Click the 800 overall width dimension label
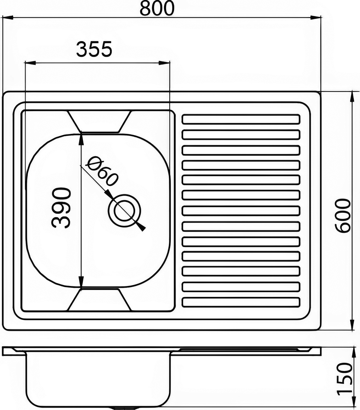pyautogui.click(x=157, y=8)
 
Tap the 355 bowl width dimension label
pyautogui.click(x=94, y=49)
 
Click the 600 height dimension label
pyautogui.click(x=343, y=215)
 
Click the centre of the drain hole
pyautogui.click(x=125, y=211)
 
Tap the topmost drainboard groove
pyautogui.click(x=241, y=119)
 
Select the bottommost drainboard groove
pyautogui.click(x=241, y=302)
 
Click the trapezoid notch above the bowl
pyautogui.click(x=100, y=121)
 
